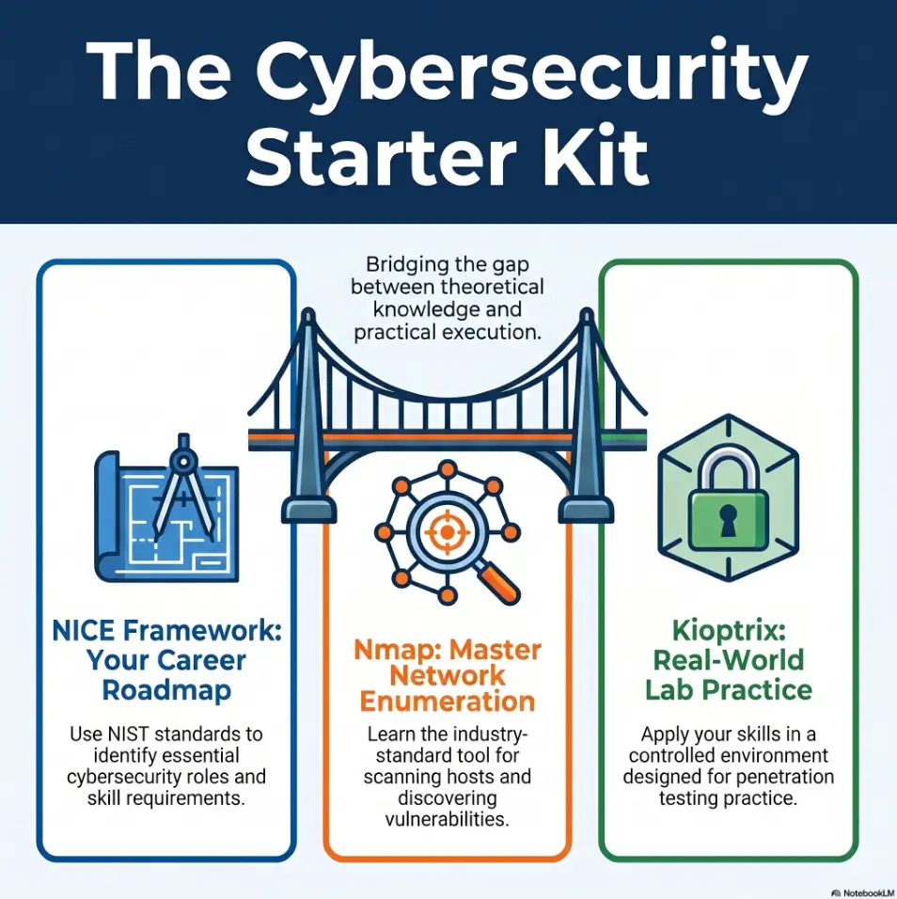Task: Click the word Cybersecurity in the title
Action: pos(531,72)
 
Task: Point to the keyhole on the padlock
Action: pos(728,520)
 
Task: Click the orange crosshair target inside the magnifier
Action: pos(447,532)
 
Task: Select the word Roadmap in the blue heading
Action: pos(166,690)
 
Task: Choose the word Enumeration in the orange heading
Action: pos(447,702)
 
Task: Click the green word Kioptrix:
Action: pos(729,632)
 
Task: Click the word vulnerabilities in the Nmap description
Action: pos(447,819)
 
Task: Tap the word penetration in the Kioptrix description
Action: pos(784,778)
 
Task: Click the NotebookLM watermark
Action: pos(863,892)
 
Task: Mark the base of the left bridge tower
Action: pos(308,511)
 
